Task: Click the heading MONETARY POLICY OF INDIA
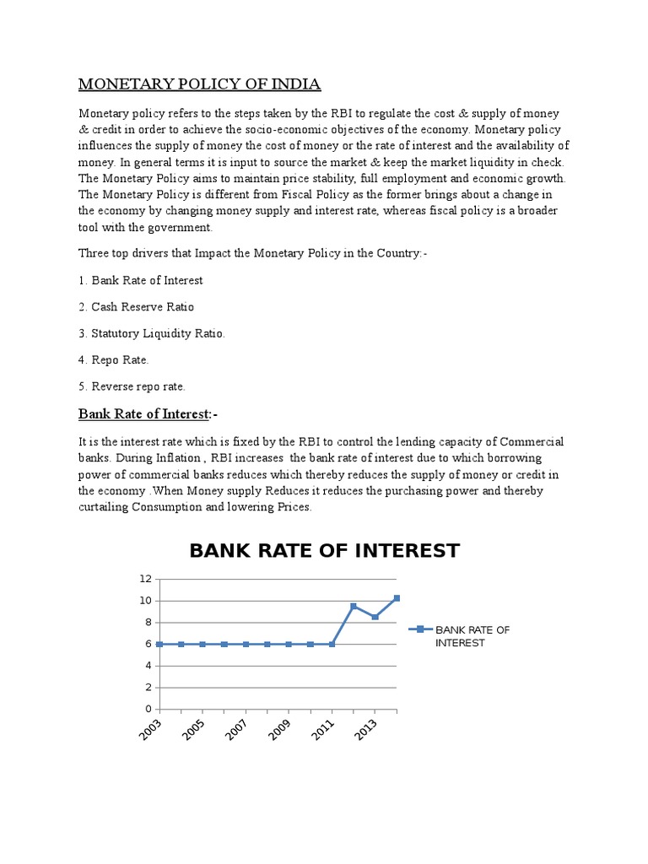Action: point(199,84)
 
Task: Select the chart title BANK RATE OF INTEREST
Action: point(324,551)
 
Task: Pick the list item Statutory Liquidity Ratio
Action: point(152,333)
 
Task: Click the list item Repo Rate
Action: point(114,359)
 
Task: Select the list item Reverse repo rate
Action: point(132,386)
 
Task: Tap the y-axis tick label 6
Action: point(148,644)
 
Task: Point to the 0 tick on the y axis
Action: point(148,709)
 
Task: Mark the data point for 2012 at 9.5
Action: point(354,606)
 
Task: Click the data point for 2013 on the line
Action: point(375,617)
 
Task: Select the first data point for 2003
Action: point(159,644)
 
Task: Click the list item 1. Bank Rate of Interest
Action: point(141,280)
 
